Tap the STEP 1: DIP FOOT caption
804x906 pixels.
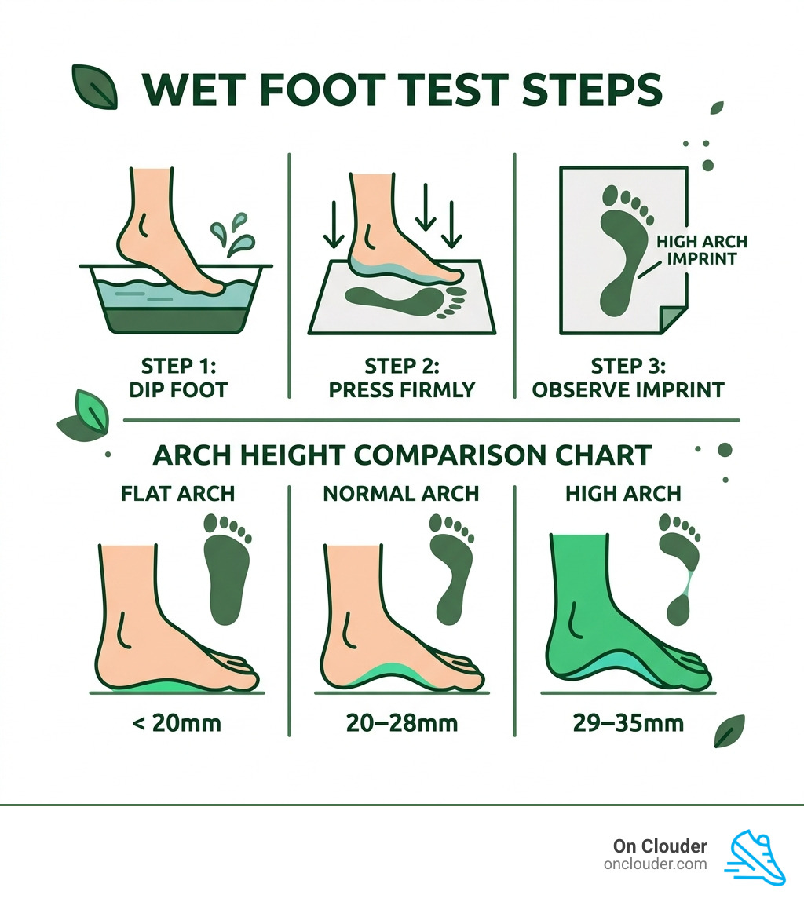pyautogui.click(x=177, y=378)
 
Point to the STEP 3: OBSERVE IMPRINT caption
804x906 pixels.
pyautogui.click(x=628, y=378)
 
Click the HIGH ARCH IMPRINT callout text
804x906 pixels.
pyautogui.click(x=701, y=250)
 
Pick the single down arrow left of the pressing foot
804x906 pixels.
pyautogui.click(x=330, y=225)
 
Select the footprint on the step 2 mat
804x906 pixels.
pyautogui.click(x=400, y=301)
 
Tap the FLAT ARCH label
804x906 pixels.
pyautogui.click(x=177, y=494)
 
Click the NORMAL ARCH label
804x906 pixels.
pyautogui.click(x=400, y=494)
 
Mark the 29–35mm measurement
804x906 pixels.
pyautogui.click(x=627, y=722)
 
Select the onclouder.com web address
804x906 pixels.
pyautogui.click(x=656, y=864)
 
